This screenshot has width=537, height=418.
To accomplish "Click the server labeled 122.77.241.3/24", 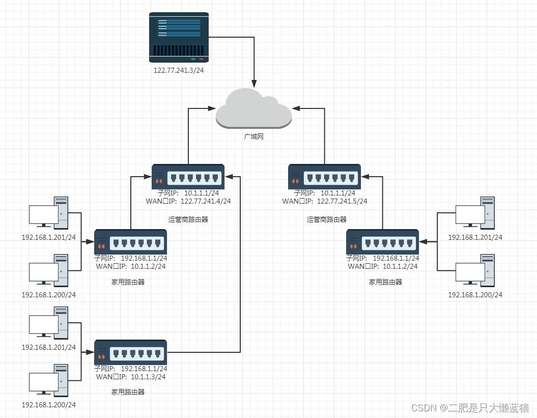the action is [x=179, y=37].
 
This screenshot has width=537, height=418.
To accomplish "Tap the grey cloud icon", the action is [x=254, y=108].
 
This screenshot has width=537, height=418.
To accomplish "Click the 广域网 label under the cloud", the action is [x=254, y=137].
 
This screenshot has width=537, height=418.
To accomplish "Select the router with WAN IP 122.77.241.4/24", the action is [x=188, y=177].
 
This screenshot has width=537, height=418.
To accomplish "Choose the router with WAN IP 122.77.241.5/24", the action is [x=324, y=177].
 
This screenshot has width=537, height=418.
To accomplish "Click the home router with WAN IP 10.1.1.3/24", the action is [x=130, y=352].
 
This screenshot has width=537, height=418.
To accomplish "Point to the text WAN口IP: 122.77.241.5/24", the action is [x=325, y=201].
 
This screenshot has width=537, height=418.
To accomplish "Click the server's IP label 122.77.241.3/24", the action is [x=179, y=70].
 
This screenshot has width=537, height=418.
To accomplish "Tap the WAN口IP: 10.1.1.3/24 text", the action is [x=131, y=377].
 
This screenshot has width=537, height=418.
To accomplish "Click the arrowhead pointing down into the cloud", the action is [x=254, y=83].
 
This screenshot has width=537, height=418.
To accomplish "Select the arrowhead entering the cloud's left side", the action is [x=212, y=108].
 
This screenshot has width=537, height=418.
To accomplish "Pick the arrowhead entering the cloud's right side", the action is [x=296, y=108].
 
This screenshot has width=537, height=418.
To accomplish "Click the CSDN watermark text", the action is [x=470, y=408].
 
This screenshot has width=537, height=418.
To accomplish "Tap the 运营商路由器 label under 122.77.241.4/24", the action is [x=188, y=219].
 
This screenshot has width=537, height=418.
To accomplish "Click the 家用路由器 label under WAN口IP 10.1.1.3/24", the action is [x=128, y=392].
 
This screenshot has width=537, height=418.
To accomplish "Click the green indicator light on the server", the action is [x=193, y=59].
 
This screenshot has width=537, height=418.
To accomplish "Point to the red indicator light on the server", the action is [x=202, y=59].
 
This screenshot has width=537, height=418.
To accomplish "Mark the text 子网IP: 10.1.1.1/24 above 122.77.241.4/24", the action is [x=188, y=193].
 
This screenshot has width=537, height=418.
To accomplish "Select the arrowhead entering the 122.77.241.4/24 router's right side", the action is [x=229, y=177].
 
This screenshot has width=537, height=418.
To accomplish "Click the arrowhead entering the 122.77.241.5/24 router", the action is [x=365, y=177].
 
